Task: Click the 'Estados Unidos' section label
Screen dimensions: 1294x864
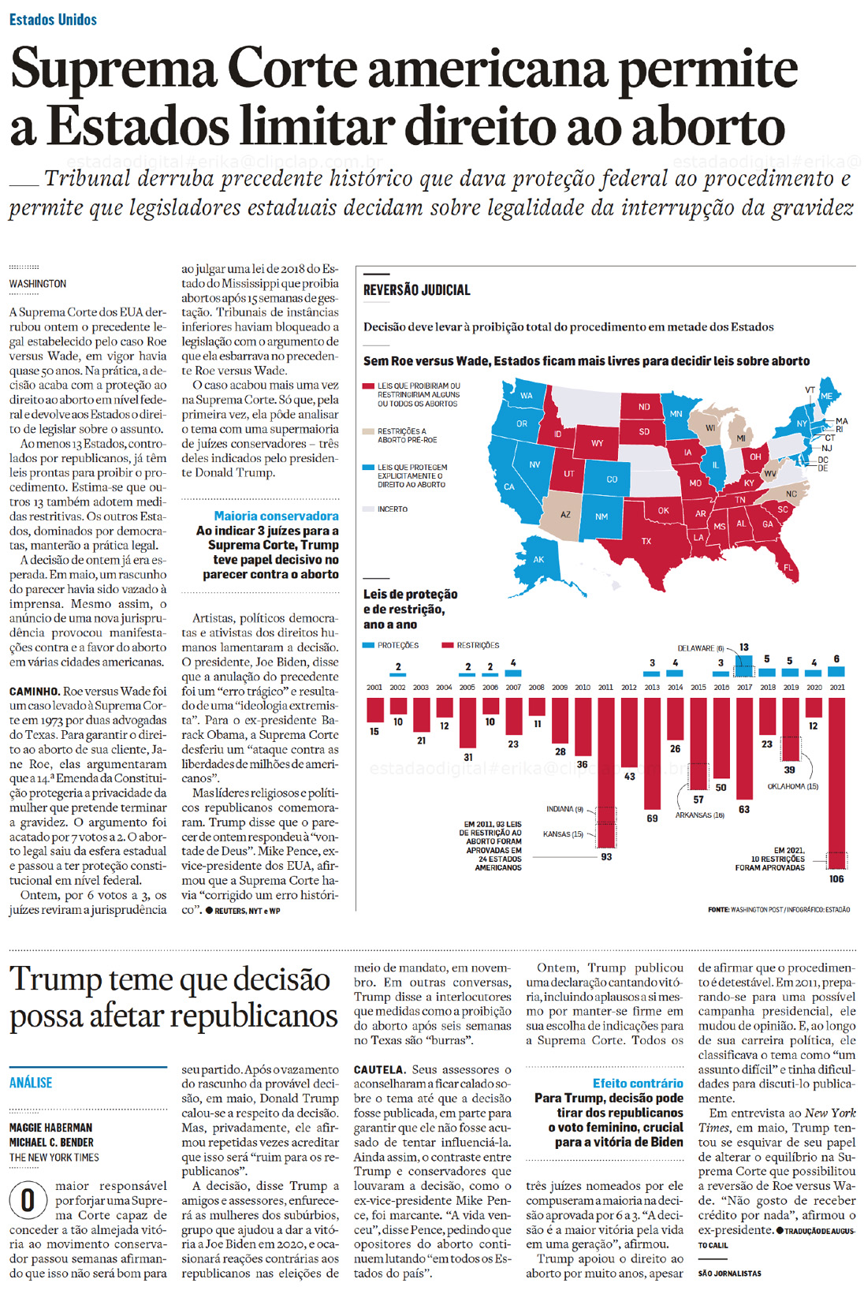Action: [53, 20]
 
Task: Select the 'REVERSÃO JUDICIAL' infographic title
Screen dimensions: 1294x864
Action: [416, 290]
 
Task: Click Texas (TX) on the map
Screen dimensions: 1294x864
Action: [646, 541]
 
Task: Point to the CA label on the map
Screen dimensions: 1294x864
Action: [509, 487]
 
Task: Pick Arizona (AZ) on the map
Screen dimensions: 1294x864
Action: [565, 514]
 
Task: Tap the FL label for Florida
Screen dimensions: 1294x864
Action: [788, 567]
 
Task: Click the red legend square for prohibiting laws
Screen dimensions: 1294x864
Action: [368, 386]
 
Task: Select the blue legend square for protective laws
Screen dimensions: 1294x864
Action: [368, 468]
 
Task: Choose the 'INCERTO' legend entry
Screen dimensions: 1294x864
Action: [392, 509]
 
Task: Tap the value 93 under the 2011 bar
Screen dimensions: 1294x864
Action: [606, 856]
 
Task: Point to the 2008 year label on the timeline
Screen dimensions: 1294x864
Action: [536, 688]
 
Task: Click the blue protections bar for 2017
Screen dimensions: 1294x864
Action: [743, 666]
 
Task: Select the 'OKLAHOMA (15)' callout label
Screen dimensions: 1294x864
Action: [792, 786]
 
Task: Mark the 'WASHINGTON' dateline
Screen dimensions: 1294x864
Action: [38, 284]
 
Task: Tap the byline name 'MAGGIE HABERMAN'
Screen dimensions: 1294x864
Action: [50, 1128]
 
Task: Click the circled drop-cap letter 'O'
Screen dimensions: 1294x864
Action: [28, 1200]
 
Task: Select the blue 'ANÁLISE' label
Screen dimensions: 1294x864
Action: [31, 1083]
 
